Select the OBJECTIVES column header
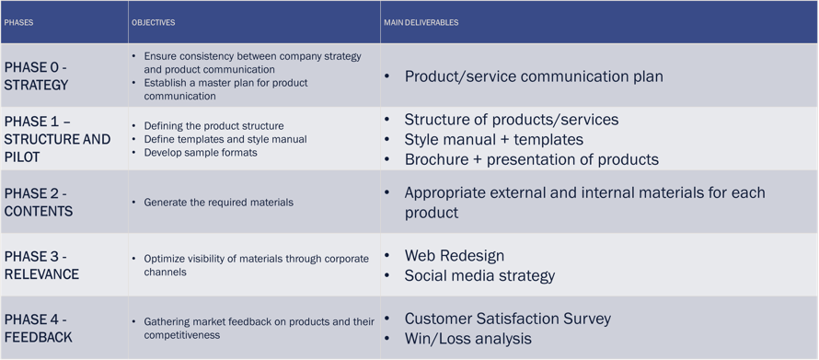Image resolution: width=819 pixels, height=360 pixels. pos(154,23)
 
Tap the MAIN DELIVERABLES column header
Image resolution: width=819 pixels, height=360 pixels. pos(421,23)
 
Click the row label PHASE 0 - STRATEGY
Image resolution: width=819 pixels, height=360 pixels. pos(37,76)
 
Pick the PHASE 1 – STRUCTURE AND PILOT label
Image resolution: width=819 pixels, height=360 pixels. pos(57,140)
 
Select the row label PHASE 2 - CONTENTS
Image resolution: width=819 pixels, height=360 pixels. pos(39,203)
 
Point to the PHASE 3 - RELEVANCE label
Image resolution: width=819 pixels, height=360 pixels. pos(41,265)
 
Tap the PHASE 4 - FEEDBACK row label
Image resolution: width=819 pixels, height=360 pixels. pos(38,329)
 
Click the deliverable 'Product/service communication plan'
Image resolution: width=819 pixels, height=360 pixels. pos(534,76)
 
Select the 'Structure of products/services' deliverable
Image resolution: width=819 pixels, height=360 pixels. pos(512,120)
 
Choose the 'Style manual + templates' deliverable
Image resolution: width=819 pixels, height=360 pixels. pos(493,140)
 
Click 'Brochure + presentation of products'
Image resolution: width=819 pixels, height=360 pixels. pos(532,159)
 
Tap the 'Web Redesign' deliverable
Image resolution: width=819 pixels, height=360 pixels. pos(455,256)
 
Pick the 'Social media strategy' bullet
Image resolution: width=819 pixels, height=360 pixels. pos(479,275)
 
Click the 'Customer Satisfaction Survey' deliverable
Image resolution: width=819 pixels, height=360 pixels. pos(508,319)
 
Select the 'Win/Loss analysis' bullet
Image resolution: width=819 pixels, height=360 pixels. pos(468,339)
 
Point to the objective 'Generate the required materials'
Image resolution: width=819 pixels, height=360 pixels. pos(219,203)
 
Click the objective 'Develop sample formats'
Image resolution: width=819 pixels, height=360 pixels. pos(202,153)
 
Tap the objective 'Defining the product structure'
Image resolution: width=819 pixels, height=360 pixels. pos(214,126)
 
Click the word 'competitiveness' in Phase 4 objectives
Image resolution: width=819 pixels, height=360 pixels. pos(182,334)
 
